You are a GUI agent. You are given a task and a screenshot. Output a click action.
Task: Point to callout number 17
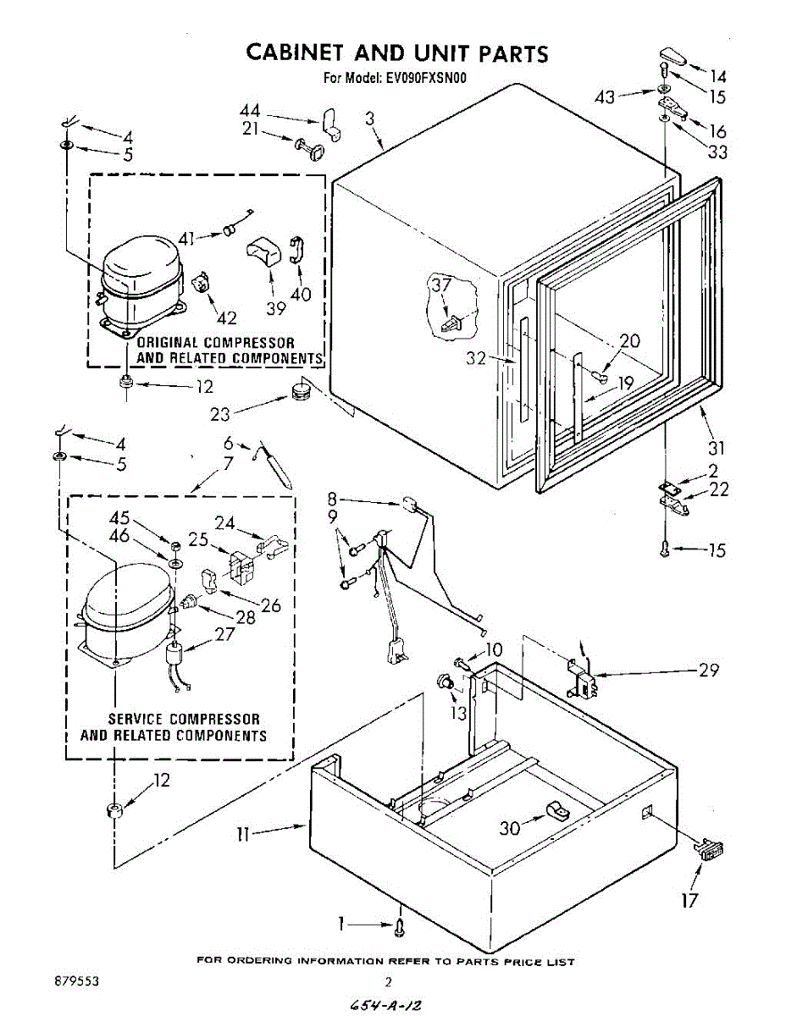click(690, 899)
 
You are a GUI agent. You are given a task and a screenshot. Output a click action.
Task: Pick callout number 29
click(709, 670)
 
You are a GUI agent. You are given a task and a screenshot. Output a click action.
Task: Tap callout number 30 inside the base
click(509, 828)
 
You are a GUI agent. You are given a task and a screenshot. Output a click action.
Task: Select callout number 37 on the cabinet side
click(440, 285)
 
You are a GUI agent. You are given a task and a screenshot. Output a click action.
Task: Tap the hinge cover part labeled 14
click(669, 60)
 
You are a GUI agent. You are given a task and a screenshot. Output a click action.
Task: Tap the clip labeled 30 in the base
click(556, 811)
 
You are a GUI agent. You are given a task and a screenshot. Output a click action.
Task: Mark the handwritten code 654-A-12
click(386, 1004)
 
